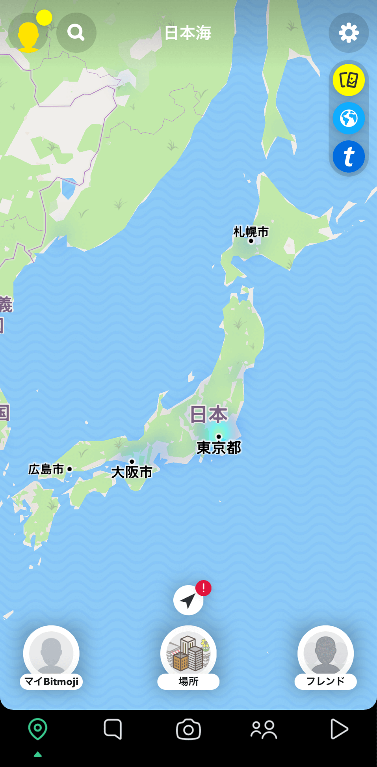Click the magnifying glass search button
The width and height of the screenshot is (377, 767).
[76, 33]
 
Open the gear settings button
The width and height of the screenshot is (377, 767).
[349, 33]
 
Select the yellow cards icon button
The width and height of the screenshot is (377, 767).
[349, 80]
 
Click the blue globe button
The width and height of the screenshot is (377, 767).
[349, 118]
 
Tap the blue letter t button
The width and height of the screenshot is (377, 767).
[349, 157]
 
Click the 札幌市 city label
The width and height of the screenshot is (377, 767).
[251, 232]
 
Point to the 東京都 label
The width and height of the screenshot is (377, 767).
[219, 448]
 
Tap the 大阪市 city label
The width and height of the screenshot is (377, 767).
[132, 472]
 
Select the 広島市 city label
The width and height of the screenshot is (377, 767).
[46, 469]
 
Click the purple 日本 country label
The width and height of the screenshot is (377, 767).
[208, 414]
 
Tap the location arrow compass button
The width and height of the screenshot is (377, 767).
[188, 600]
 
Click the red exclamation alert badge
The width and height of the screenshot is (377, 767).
[203, 588]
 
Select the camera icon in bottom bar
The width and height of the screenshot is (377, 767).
[188, 730]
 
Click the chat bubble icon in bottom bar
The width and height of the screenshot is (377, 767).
[113, 729]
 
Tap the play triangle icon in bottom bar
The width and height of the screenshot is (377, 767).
[339, 729]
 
